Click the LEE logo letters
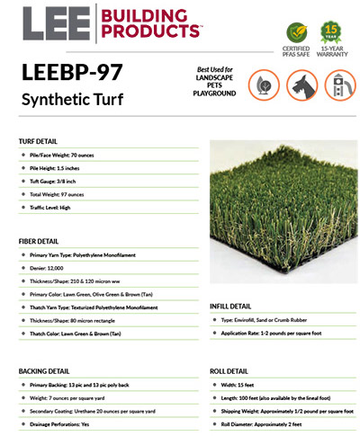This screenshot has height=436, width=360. point(49,24)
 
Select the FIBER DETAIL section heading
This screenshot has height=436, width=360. point(40,242)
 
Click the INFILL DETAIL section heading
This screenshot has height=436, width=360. point(234,307)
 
